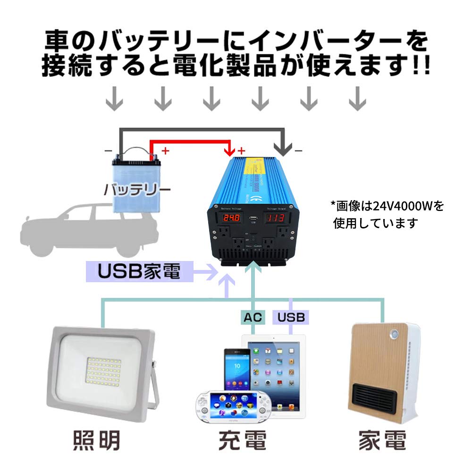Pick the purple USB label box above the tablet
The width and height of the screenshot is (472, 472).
(x=291, y=317)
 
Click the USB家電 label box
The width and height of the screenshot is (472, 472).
(x=140, y=272)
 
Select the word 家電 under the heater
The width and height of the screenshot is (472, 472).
(x=382, y=440)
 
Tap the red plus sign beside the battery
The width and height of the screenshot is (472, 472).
(x=165, y=151)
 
